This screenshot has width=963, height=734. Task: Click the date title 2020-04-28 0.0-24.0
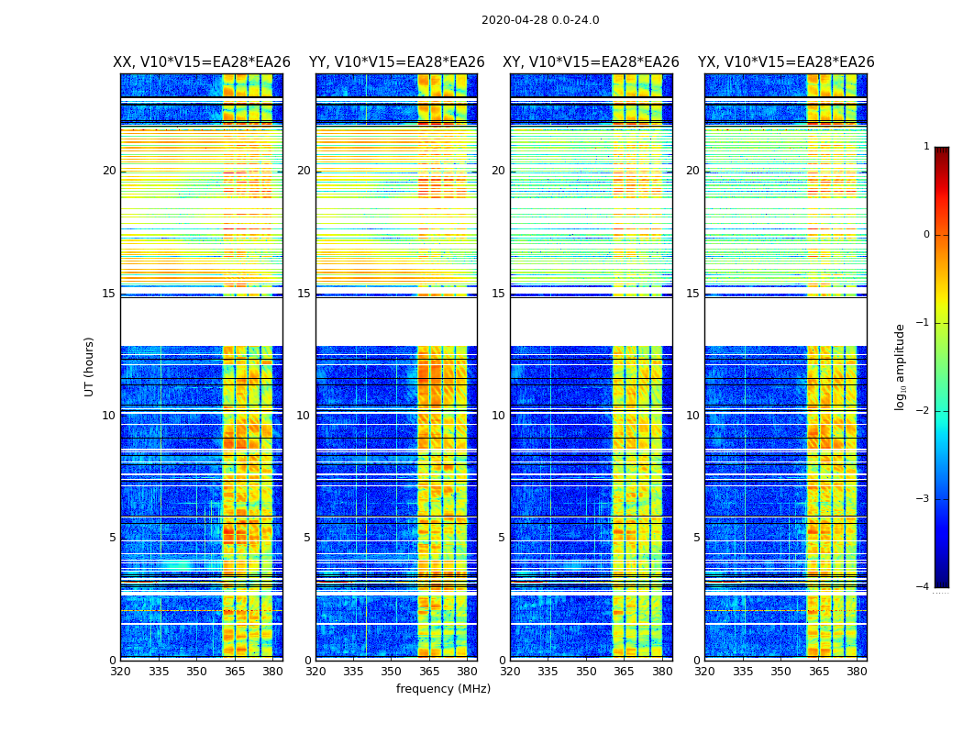[x=540, y=20]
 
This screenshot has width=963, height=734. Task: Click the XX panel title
[x=202, y=62]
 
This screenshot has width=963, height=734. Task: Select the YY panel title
[x=396, y=62]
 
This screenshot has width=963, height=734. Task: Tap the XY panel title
[x=591, y=62]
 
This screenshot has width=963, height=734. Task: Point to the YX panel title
[x=786, y=62]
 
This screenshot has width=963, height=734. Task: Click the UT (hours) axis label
[x=90, y=366]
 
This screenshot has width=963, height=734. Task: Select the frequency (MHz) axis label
[x=443, y=689]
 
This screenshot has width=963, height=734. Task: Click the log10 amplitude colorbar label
[x=901, y=366]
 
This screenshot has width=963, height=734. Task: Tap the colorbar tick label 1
[x=926, y=147]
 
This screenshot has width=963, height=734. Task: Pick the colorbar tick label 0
[x=926, y=235]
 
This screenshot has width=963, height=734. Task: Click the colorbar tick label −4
[x=924, y=587]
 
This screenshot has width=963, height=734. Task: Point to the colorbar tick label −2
[x=924, y=411]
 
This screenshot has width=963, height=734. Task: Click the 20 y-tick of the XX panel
[x=109, y=171]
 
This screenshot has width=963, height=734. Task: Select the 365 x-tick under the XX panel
[x=235, y=672]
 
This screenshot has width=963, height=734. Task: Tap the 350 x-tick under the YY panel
[x=392, y=672]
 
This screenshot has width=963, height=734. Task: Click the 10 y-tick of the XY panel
[x=498, y=416]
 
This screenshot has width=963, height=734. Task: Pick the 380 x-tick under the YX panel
[x=857, y=672]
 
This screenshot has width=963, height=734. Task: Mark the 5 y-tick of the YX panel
[x=696, y=538]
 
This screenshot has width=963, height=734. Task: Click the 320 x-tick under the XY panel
[x=510, y=672]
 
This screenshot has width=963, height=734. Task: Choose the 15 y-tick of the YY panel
[x=304, y=294]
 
